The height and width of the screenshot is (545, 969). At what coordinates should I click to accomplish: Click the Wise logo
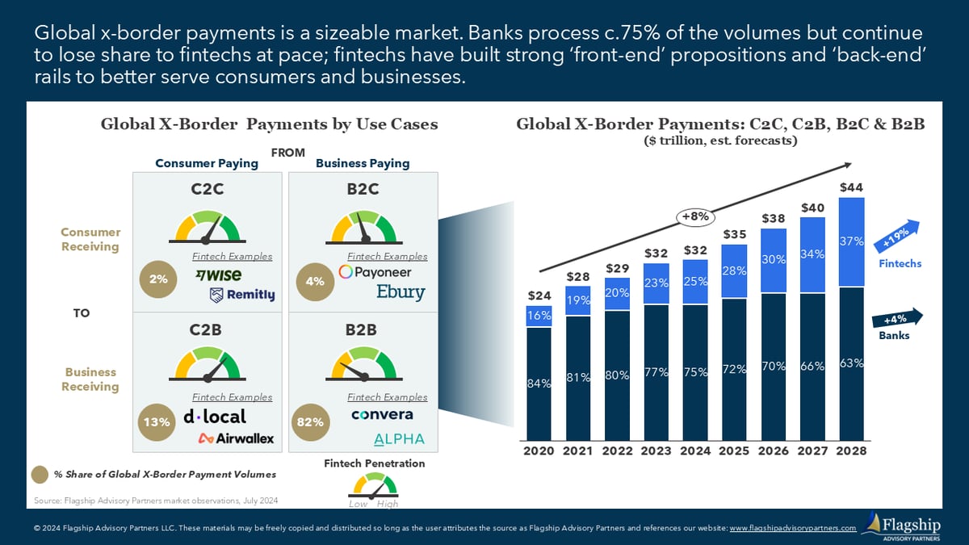tap(219, 275)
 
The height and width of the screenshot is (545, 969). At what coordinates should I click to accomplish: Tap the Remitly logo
tap(242, 295)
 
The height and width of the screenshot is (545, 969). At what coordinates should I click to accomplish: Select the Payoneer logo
tap(375, 272)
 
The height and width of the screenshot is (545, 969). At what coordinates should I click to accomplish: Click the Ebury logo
tap(401, 292)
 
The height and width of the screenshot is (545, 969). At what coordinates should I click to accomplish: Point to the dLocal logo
tap(215, 416)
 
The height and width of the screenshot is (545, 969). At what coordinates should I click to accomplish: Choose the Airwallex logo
tap(236, 438)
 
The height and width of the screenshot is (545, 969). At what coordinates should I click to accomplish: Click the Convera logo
tap(382, 414)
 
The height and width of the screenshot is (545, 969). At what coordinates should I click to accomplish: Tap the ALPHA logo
tap(399, 439)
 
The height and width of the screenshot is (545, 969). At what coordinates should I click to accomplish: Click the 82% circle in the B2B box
tap(311, 422)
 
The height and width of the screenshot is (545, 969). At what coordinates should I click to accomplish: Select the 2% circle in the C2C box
tap(158, 279)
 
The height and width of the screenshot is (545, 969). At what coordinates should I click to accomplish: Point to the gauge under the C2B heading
tap(208, 364)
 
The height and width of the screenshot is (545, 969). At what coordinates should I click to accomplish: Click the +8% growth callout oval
tap(695, 216)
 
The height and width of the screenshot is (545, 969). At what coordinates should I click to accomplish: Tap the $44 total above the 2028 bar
tap(851, 187)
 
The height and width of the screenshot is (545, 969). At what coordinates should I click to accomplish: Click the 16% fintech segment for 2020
tap(539, 316)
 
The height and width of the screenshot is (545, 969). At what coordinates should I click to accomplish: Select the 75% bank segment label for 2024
tap(695, 372)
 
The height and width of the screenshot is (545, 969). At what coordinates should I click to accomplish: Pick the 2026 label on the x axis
tap(773, 451)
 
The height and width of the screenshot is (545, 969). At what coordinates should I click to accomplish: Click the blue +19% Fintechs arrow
tap(897, 236)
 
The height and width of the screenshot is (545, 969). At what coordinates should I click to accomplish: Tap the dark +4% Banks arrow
tap(897, 318)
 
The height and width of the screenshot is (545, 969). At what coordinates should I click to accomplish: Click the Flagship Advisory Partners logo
tap(901, 526)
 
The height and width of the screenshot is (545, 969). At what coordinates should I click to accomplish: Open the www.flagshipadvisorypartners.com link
tap(793, 528)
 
